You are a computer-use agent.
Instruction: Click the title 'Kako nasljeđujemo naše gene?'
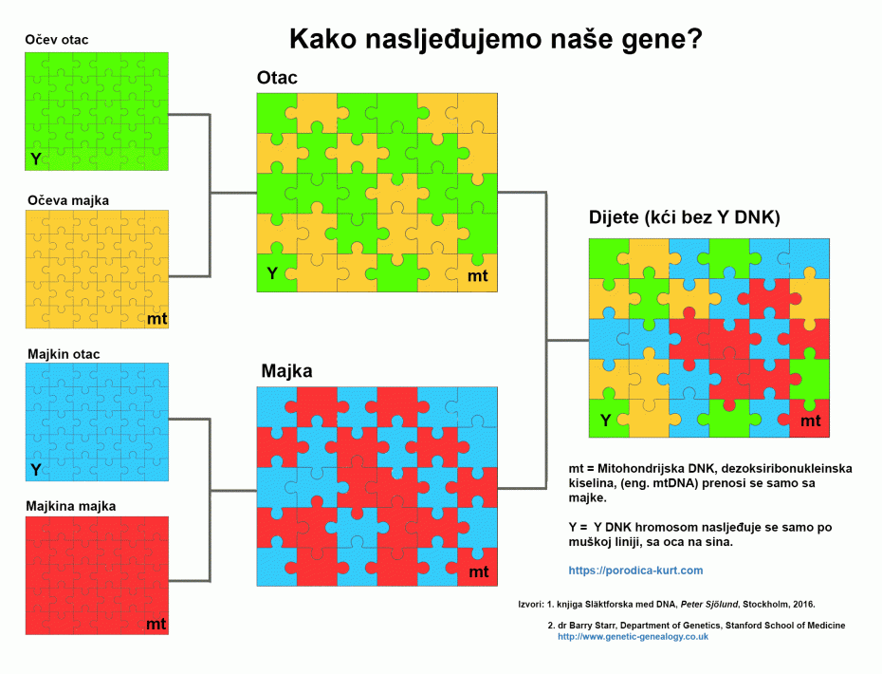click(x=495, y=39)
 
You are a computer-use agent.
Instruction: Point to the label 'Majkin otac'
click(x=64, y=354)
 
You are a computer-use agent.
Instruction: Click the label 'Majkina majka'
click(x=71, y=506)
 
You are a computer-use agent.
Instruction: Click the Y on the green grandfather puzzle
click(x=36, y=159)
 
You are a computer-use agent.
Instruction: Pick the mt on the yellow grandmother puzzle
click(x=156, y=319)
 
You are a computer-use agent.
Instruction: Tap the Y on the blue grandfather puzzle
click(x=36, y=470)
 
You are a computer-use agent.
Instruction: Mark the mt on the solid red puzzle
click(x=156, y=624)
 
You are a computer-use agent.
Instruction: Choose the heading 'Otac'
click(x=277, y=79)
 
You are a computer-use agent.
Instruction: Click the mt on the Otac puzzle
click(x=478, y=275)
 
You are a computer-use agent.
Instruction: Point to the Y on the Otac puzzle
click(x=271, y=274)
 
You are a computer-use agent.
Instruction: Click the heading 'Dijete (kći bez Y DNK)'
click(x=684, y=218)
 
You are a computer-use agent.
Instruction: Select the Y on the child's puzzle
click(x=604, y=421)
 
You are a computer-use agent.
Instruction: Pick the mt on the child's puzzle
click(x=810, y=421)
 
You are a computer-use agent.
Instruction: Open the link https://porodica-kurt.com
click(x=635, y=571)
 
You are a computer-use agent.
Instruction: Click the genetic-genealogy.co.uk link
click(x=633, y=637)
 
